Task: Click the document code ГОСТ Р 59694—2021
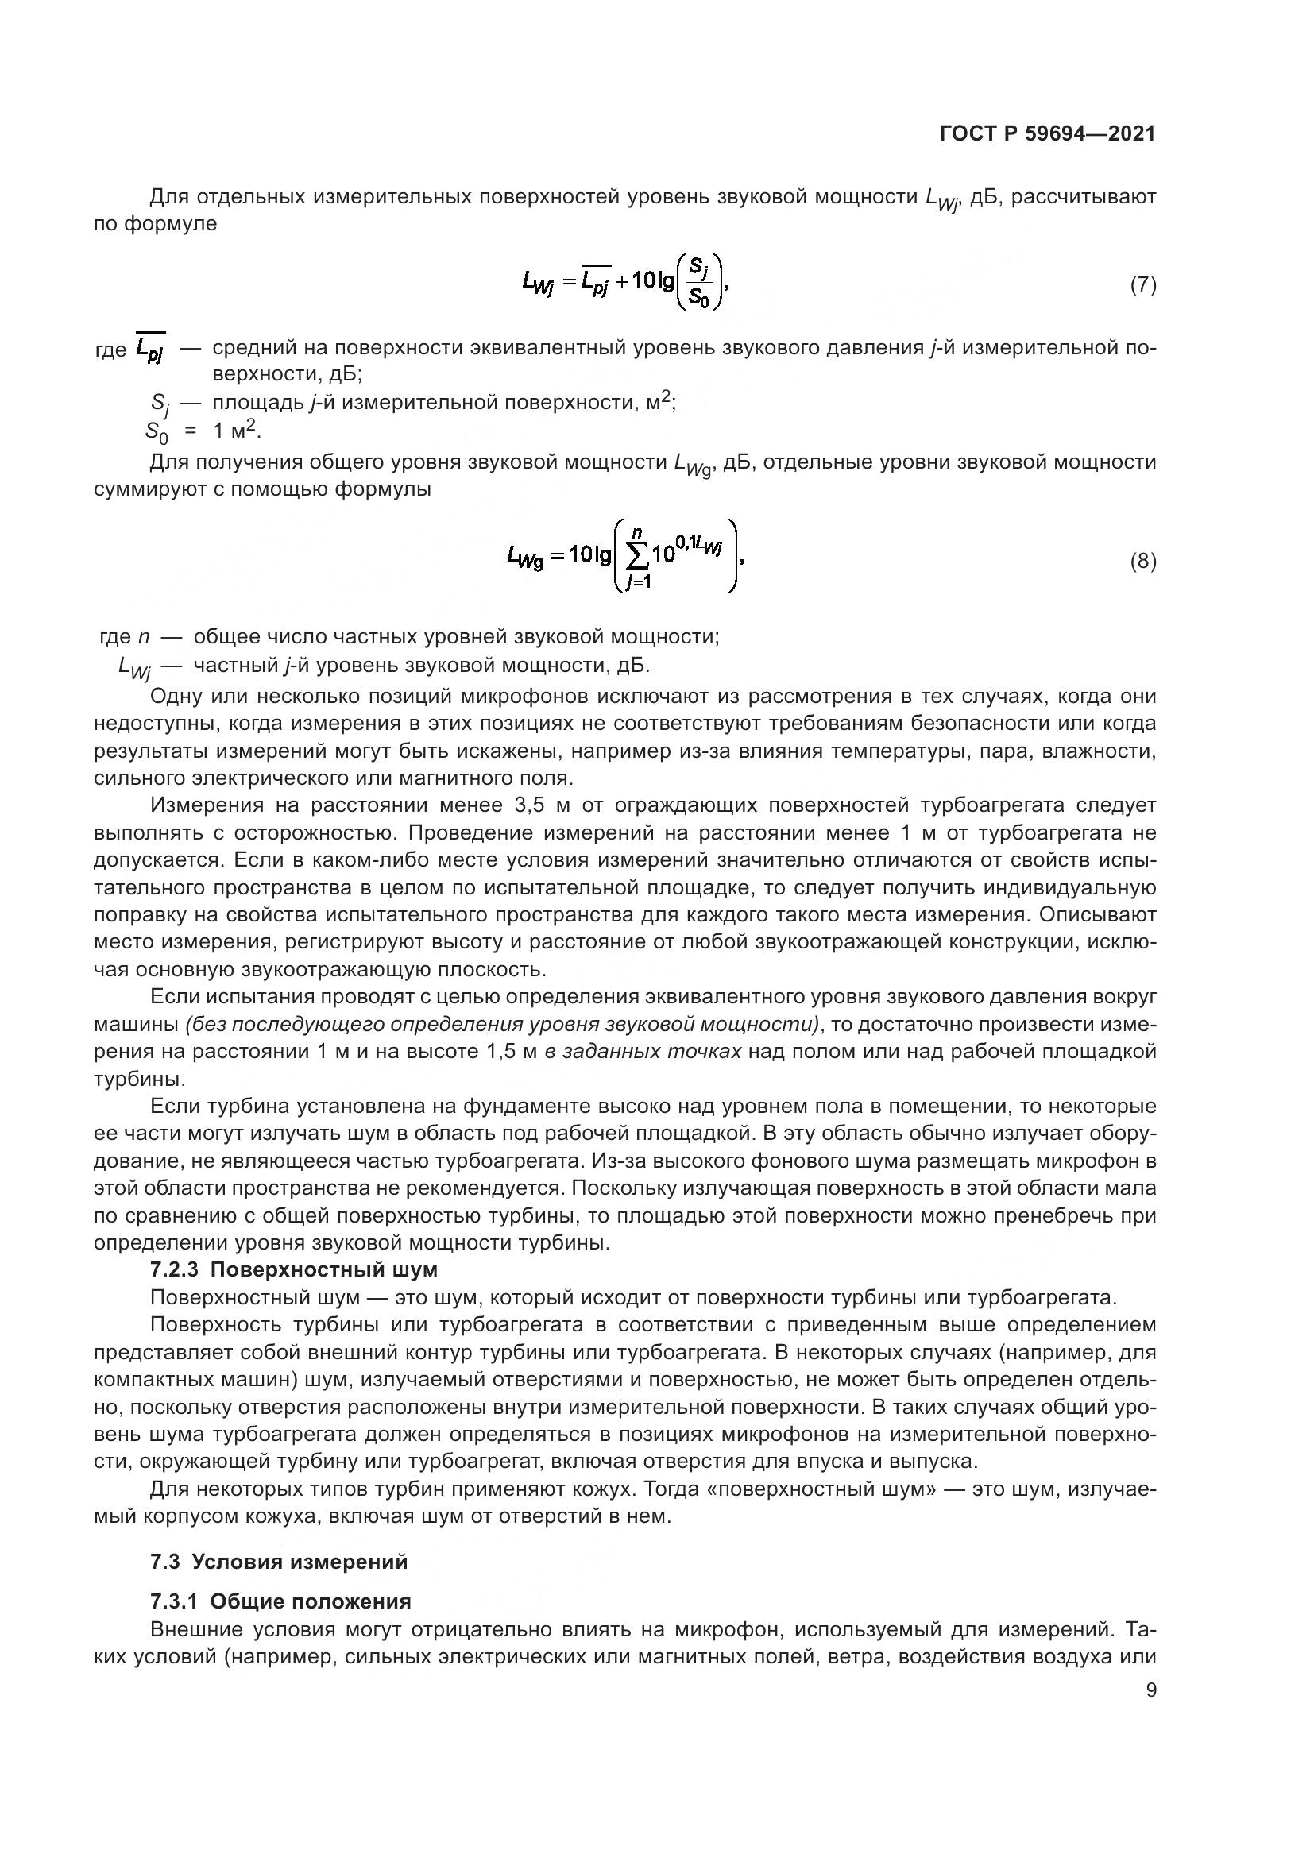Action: tap(1047, 134)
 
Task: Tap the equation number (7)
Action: tap(1142, 284)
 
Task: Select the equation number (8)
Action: tap(1142, 561)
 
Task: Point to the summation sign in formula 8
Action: tap(638, 555)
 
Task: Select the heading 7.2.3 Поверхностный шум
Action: tap(294, 1269)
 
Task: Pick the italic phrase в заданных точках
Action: tap(643, 1051)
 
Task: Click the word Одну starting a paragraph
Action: tap(175, 696)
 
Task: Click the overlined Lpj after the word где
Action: tap(150, 350)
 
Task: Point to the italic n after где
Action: tap(143, 637)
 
